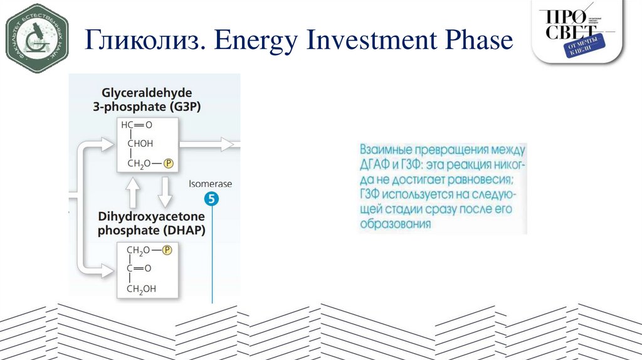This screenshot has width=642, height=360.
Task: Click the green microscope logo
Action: [36, 37]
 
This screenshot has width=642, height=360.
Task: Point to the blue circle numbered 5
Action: [213, 200]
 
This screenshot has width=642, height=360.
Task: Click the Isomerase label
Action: [211, 184]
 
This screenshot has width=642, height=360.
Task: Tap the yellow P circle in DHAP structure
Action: [167, 250]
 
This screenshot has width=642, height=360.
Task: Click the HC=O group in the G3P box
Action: [137, 125]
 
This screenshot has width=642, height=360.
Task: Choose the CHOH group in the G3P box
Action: [141, 144]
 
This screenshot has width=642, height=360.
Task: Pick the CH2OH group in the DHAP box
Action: [142, 289]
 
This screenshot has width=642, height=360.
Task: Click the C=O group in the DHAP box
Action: [139, 268]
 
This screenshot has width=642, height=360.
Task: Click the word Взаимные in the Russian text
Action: [386, 151]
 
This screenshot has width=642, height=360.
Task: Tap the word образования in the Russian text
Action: [396, 224]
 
